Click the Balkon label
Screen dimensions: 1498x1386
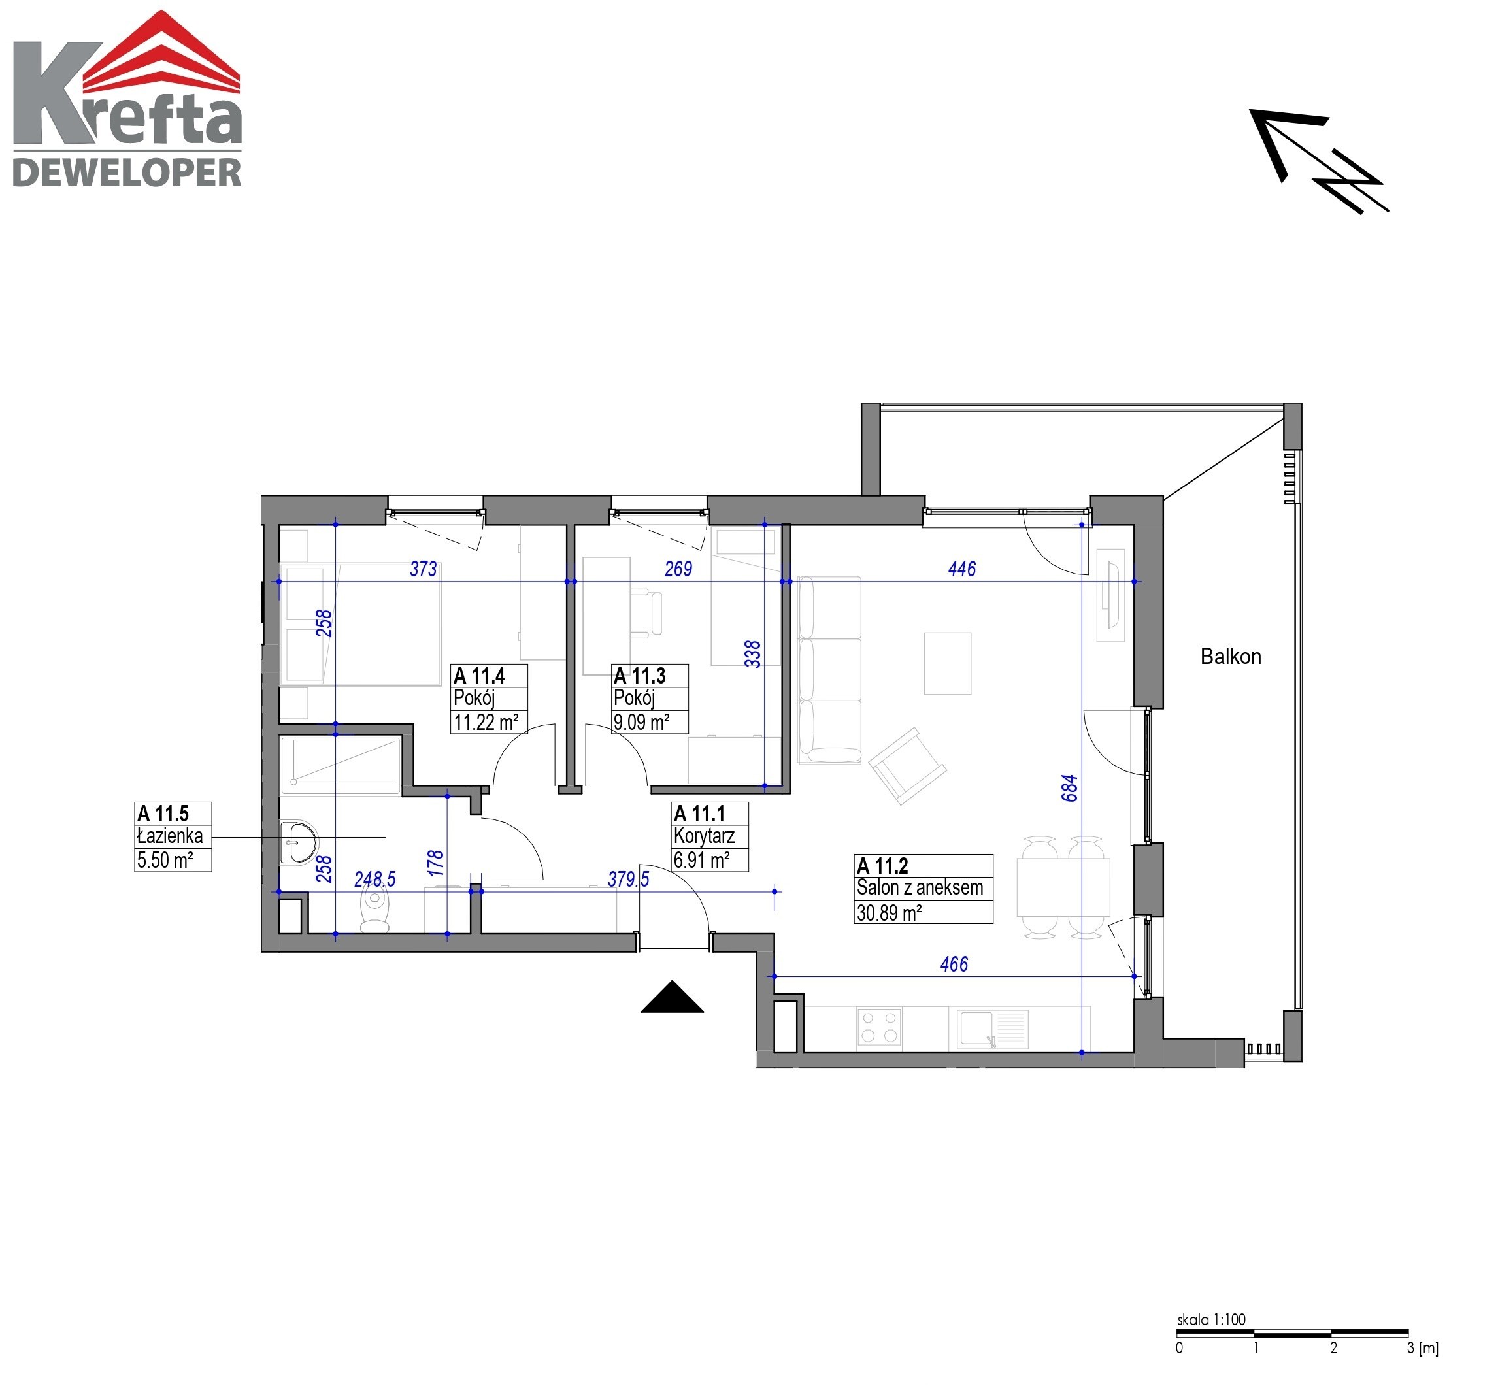pyautogui.click(x=1230, y=656)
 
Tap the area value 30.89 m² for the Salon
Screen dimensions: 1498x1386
pyautogui.click(x=889, y=913)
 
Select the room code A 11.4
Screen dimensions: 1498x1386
pyautogui.click(x=479, y=676)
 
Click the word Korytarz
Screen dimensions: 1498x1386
pyautogui.click(x=704, y=836)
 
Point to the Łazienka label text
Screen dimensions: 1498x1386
pyautogui.click(x=169, y=836)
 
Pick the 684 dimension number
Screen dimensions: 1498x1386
pyautogui.click(x=1070, y=787)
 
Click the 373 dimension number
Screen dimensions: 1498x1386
pyautogui.click(x=423, y=569)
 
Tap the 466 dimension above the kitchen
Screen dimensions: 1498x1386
pyautogui.click(x=954, y=965)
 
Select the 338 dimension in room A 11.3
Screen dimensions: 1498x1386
pyautogui.click(x=752, y=654)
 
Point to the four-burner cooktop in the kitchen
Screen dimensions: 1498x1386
pyautogui.click(x=879, y=1027)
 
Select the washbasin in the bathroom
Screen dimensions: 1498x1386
pyautogui.click(x=298, y=842)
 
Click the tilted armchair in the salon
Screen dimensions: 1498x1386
pyautogui.click(x=907, y=766)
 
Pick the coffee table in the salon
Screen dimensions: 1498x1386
pyautogui.click(x=948, y=664)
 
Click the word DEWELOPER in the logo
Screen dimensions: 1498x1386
pyautogui.click(x=127, y=173)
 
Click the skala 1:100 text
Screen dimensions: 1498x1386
pyautogui.click(x=1210, y=1319)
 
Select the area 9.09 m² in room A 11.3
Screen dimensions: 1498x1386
pyautogui.click(x=641, y=722)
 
